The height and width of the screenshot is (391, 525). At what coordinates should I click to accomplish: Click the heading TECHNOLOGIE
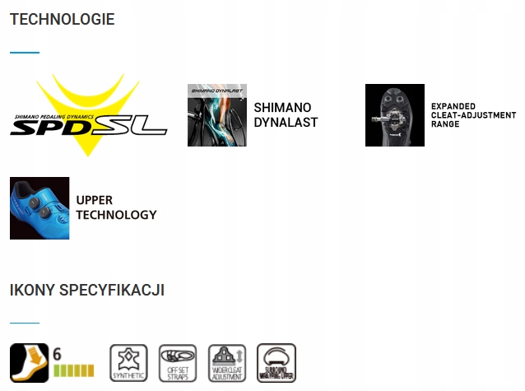pos(63,19)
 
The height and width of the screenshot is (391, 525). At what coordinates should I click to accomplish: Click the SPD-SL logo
pos(88,116)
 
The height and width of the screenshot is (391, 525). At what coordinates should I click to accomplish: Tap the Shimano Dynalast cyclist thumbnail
pos(216,115)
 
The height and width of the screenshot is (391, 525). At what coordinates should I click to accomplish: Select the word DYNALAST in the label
pos(286,123)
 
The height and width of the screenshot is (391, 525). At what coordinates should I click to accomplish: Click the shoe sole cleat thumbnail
pos(394,115)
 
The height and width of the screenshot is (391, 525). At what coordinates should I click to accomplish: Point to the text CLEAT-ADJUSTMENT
pos(473,115)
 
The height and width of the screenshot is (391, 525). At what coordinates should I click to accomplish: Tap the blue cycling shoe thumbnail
pos(39,207)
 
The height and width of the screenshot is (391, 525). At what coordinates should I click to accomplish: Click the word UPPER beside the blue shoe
pos(95,200)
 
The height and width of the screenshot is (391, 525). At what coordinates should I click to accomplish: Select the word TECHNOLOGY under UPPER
pos(116,215)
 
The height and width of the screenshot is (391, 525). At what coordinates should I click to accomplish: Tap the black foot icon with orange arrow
pos(29,363)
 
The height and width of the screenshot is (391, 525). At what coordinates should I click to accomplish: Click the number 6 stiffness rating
pos(58,354)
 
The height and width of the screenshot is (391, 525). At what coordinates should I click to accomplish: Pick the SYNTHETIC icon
pos(128,363)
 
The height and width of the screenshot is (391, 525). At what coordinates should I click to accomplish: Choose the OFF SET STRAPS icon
pos(178,363)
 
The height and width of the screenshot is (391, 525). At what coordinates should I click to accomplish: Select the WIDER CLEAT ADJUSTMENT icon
pos(227,363)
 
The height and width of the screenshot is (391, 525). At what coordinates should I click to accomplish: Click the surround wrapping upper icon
pos(276,363)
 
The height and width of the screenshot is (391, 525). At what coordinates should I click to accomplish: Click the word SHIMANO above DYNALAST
pos(282,107)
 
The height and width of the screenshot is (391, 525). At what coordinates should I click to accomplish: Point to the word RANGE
pos(445,124)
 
